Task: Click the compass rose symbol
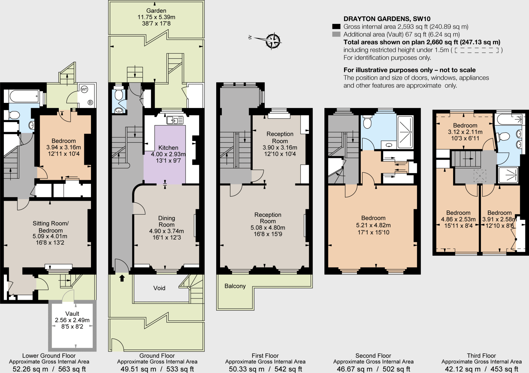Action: coord(273,41)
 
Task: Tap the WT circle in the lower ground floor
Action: coord(84,90)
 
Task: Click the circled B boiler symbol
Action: coord(90,102)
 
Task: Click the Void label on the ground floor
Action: coord(159,288)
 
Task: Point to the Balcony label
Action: coord(235,286)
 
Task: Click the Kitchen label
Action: coord(168,148)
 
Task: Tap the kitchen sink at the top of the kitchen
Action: coord(175,120)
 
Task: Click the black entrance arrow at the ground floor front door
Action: coord(122,278)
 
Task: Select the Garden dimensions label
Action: coord(156,17)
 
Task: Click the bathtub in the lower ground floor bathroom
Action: coord(24,96)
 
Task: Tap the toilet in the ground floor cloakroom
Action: coord(119,95)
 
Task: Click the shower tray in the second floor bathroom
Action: coord(405,132)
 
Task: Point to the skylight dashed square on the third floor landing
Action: coord(480,176)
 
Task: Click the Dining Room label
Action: coord(167,221)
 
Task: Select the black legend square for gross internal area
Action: coord(336,27)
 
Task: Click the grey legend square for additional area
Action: coord(336,34)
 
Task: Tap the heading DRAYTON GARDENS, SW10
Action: coord(387,19)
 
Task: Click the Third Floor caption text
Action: coord(481,356)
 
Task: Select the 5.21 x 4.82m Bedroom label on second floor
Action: coord(373,225)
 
